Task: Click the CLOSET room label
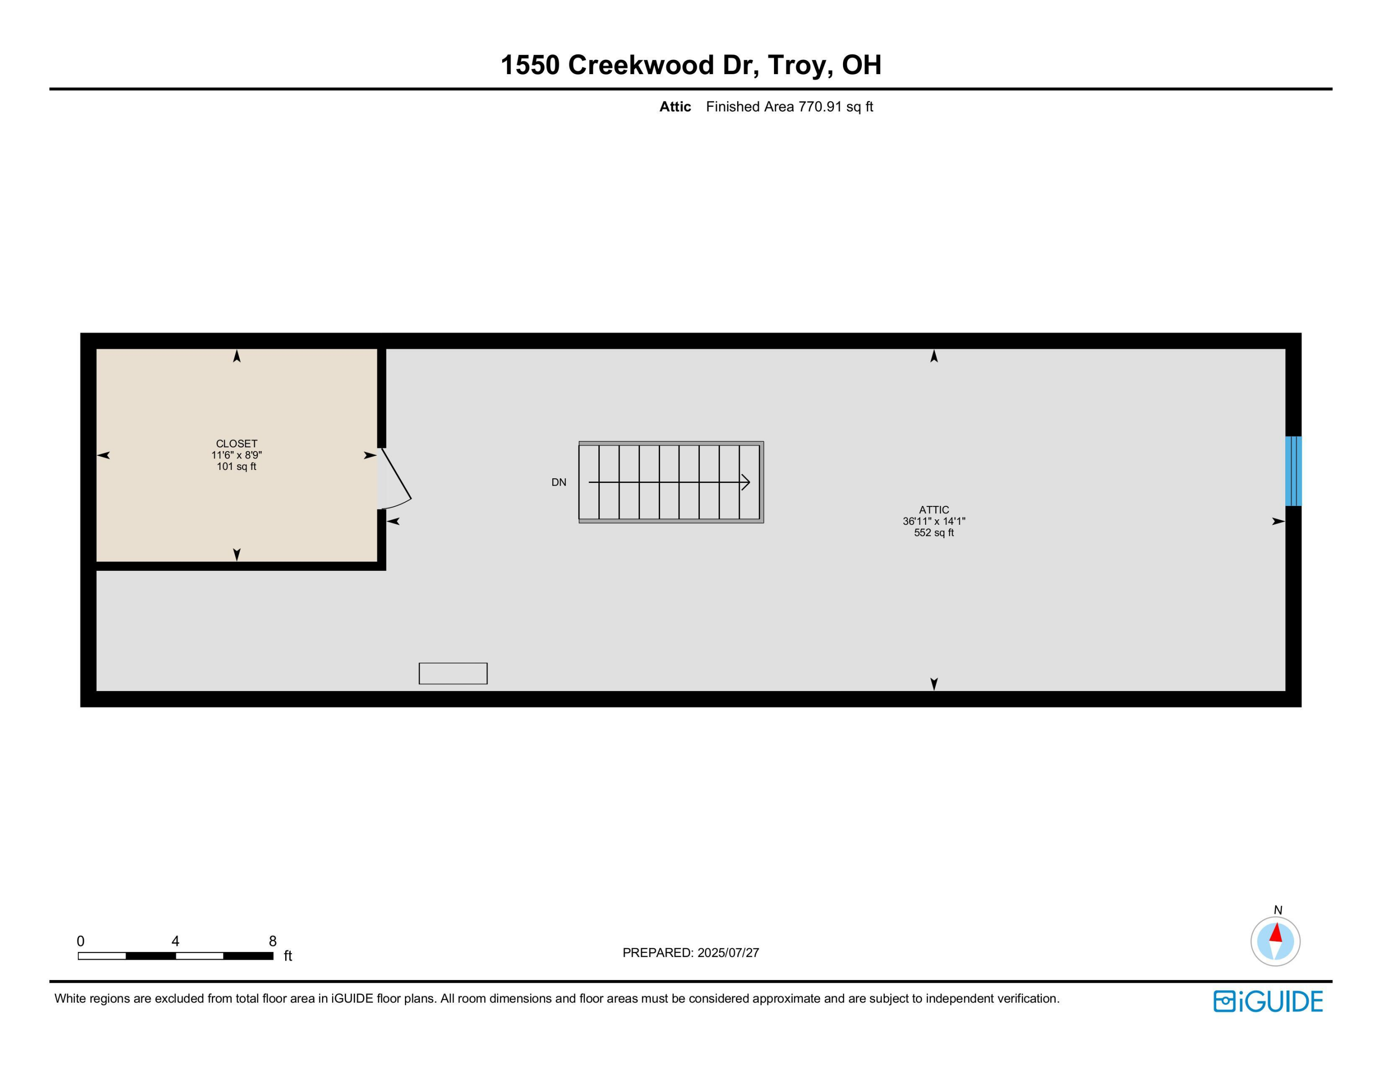[237, 444]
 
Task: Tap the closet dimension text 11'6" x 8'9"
[237, 455]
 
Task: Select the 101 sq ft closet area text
[237, 466]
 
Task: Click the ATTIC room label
[934, 509]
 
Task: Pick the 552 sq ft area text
[934, 533]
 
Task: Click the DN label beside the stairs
[559, 482]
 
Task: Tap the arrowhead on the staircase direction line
[746, 482]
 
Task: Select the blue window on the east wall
[1293, 471]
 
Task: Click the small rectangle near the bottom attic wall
[453, 673]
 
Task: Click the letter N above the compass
[1277, 910]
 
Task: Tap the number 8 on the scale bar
[273, 941]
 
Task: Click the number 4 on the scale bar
[175, 941]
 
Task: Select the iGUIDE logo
[1268, 1001]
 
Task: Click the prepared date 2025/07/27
[728, 953]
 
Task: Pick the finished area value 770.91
[820, 107]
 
